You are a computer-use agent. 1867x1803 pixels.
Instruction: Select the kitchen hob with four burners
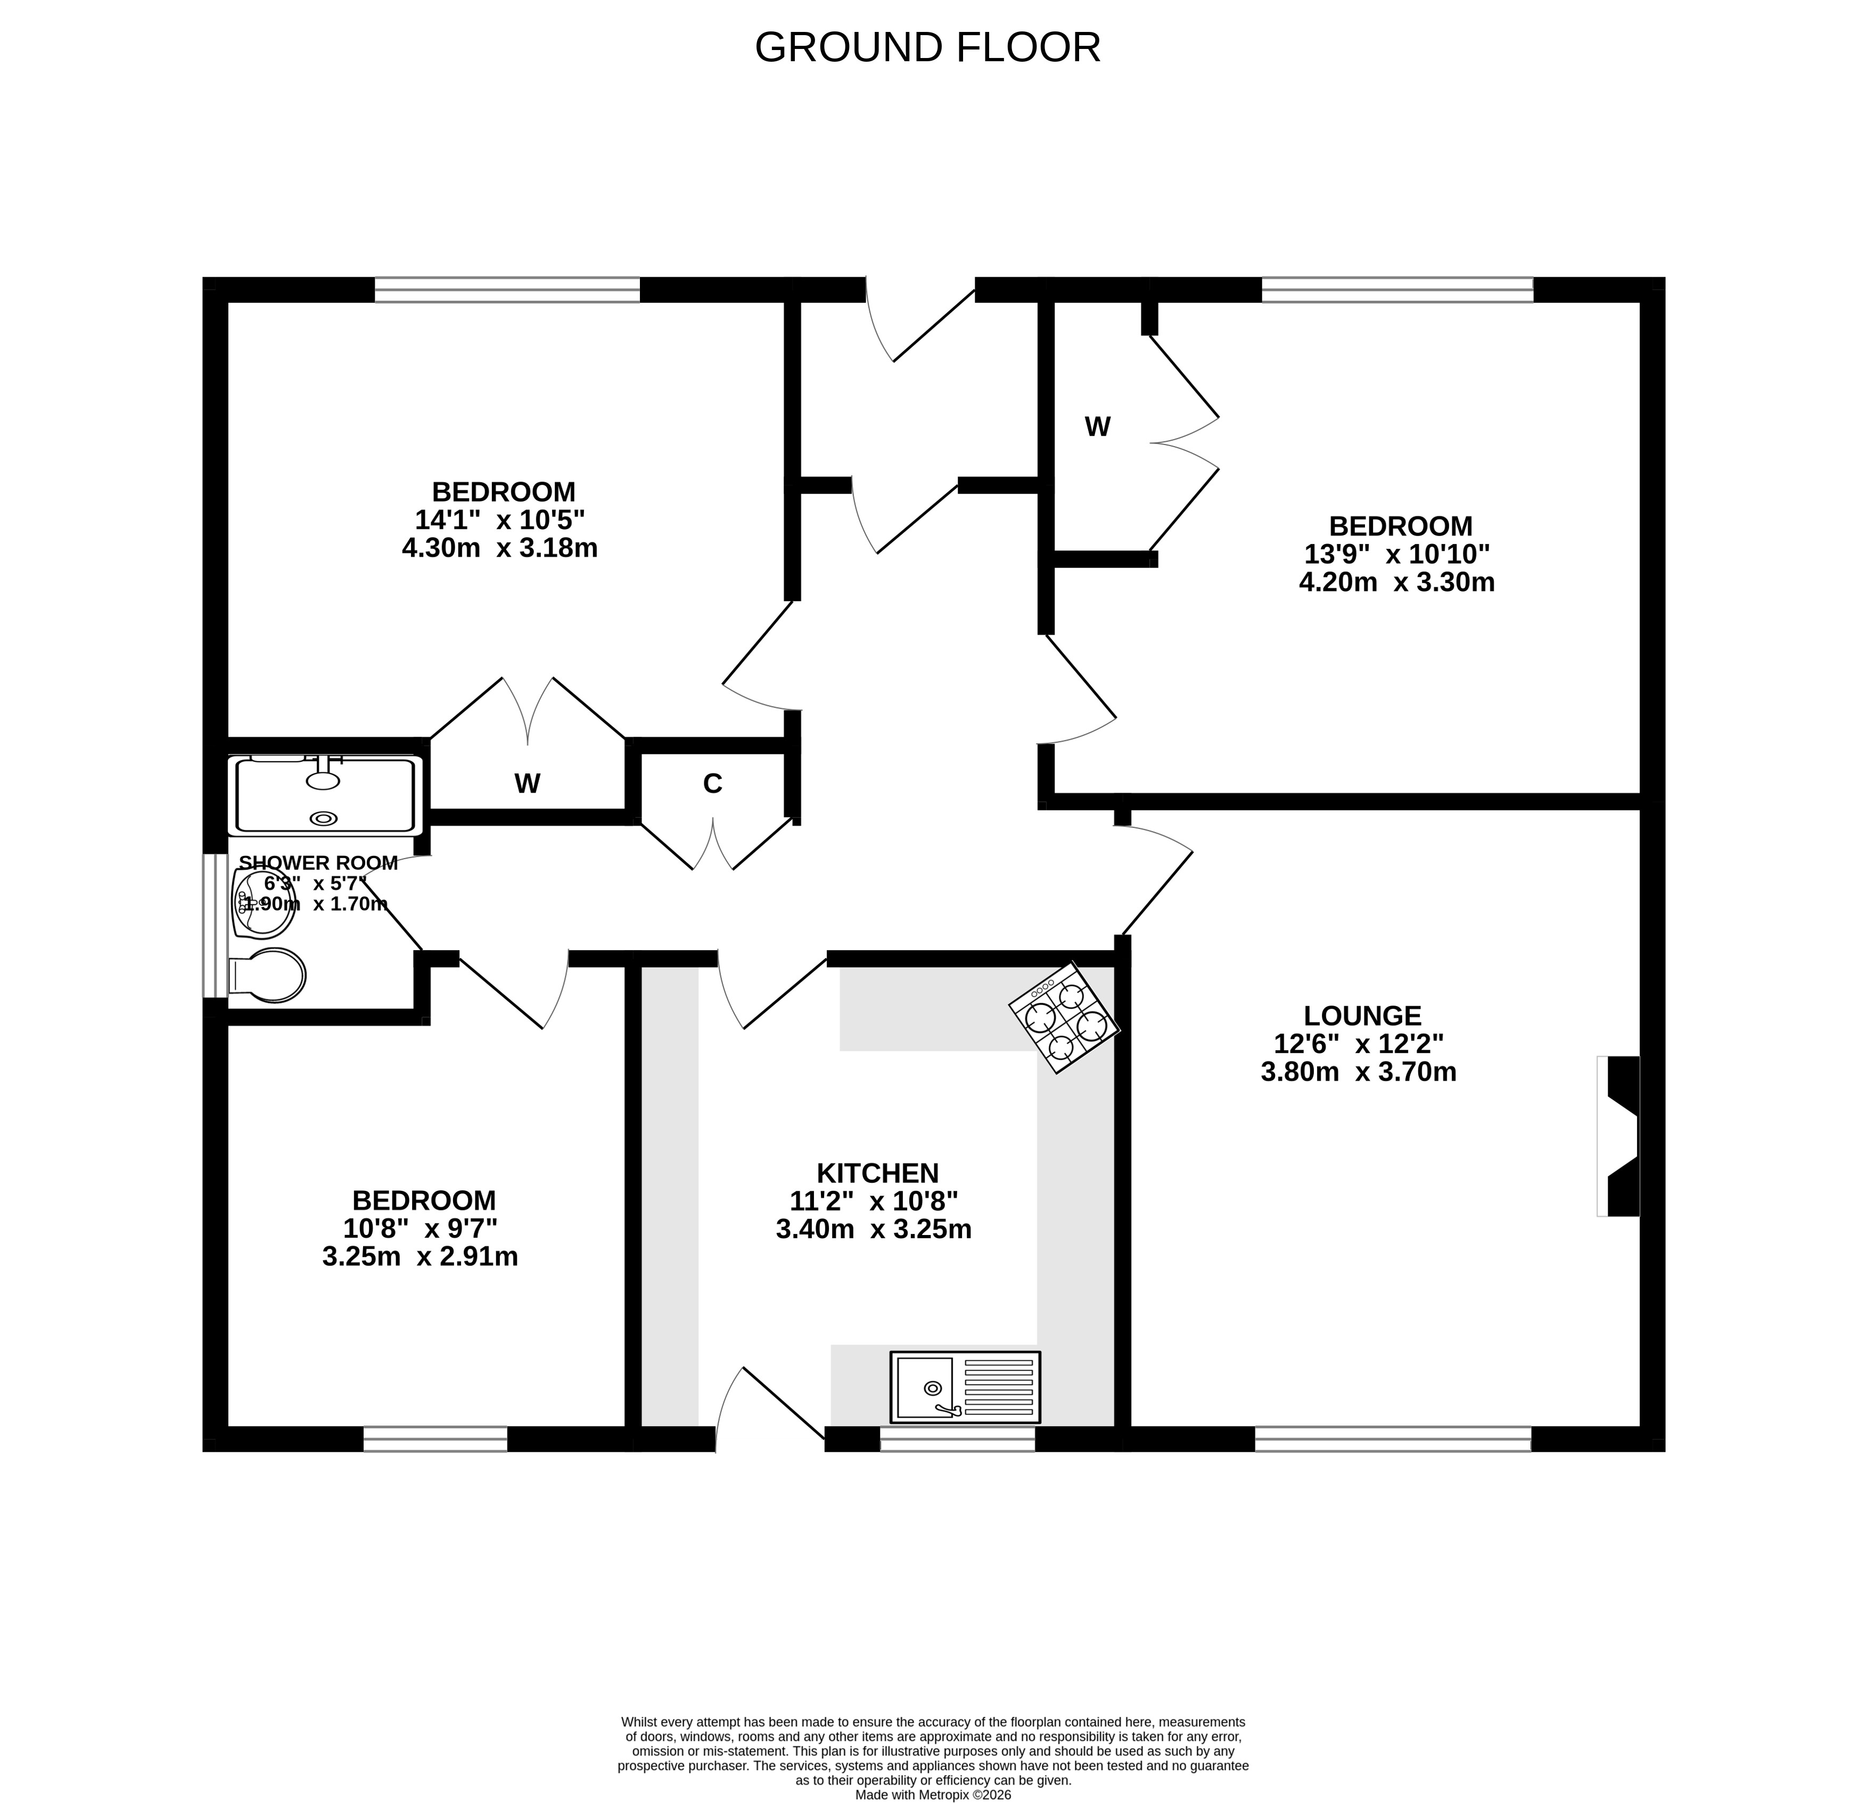pos(1064,1017)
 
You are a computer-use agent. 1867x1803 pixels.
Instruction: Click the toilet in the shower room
pos(268,975)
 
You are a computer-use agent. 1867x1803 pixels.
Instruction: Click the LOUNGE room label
pos(1362,1015)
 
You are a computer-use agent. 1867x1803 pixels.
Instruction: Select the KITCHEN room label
pos(877,1173)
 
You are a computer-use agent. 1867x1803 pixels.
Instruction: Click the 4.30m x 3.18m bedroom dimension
pos(500,548)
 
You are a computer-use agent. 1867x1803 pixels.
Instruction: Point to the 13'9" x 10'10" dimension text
pos(1396,554)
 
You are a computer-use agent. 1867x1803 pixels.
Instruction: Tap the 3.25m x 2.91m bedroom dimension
pos(420,1256)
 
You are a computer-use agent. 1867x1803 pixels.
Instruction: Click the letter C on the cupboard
pos(712,783)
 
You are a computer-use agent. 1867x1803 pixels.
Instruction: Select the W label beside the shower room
pos(527,783)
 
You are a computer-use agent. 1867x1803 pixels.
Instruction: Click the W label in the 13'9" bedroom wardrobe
pos(1097,427)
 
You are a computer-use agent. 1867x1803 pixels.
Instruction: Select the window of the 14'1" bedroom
pos(507,290)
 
